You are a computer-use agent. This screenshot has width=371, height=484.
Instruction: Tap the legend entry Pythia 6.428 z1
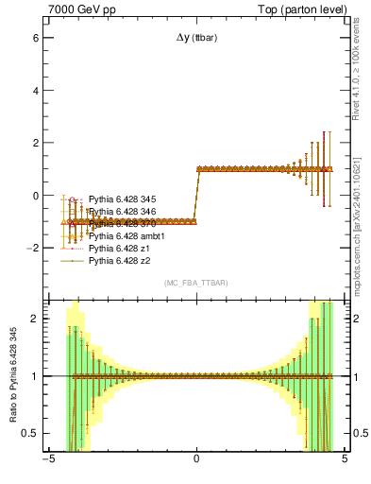coord(119,248)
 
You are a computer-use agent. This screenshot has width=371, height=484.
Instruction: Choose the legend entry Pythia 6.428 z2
coord(119,260)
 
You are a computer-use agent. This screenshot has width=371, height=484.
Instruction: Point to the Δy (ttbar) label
coord(195,38)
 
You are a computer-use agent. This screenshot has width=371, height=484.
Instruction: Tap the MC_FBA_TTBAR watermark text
coord(195,283)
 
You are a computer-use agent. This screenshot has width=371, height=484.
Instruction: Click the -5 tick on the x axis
coord(47,460)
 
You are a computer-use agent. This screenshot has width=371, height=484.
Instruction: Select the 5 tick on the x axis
coord(344,460)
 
